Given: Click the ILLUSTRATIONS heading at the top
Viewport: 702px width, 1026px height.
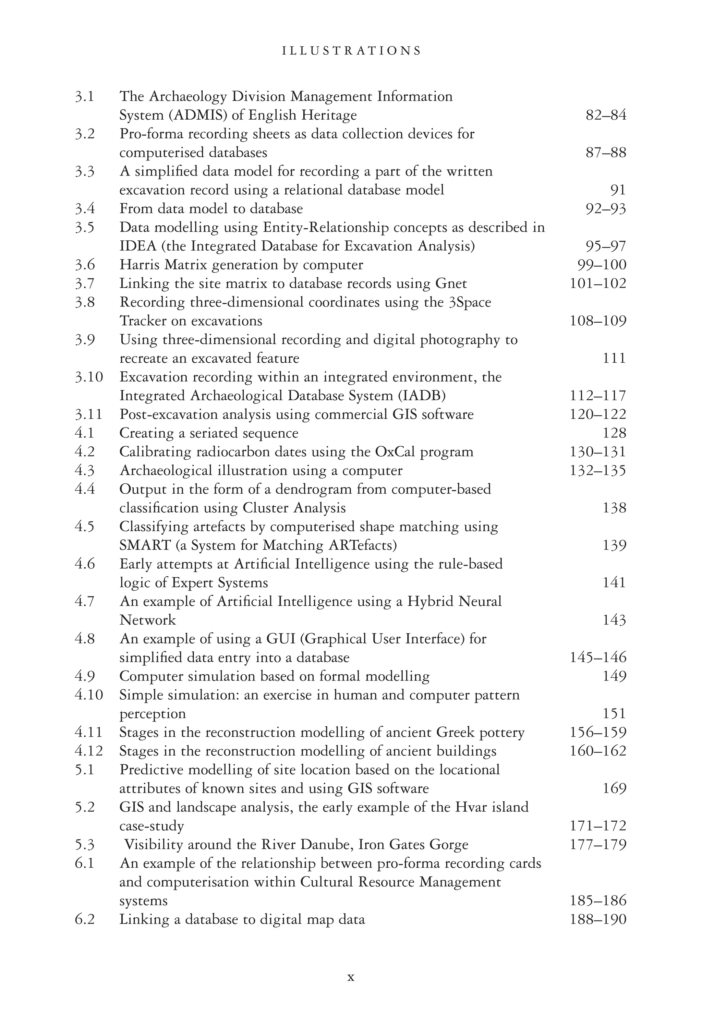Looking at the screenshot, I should (x=351, y=51).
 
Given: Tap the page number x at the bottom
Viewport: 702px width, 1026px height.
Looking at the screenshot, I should (x=351, y=977).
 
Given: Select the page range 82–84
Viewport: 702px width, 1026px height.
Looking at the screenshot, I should (x=605, y=115).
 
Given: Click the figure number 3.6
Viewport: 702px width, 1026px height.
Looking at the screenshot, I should (x=84, y=265).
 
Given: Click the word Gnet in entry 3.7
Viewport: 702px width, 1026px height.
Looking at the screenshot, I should (x=451, y=283).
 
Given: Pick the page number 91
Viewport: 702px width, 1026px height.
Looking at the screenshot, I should (x=618, y=190).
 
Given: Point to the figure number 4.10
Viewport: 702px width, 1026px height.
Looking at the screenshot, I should (x=88, y=695).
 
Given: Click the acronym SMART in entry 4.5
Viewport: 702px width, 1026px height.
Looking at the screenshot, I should (x=145, y=546).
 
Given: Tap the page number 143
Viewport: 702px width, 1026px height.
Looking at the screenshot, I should (x=614, y=620).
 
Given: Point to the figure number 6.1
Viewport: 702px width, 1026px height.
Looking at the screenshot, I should (x=84, y=863).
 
